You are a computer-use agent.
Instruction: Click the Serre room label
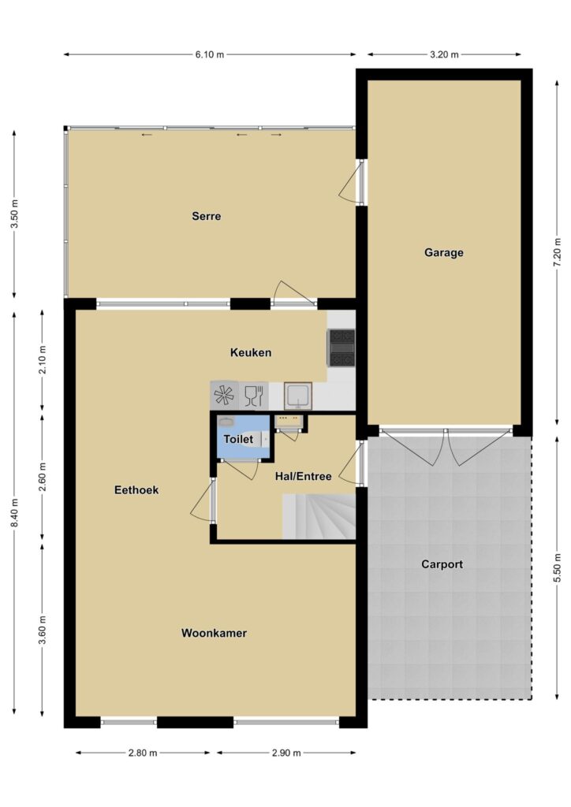tap(207, 216)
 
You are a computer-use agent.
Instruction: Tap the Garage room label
tap(444, 253)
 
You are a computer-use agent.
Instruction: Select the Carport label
tap(442, 564)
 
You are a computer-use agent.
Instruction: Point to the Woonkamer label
tap(214, 633)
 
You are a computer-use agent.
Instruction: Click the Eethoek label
tap(136, 490)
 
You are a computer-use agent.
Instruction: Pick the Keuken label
tap(251, 352)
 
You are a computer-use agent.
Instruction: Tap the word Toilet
tap(238, 439)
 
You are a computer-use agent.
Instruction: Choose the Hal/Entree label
tap(304, 476)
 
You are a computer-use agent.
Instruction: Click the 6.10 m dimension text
tap(210, 54)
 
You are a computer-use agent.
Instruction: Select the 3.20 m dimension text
tap(444, 54)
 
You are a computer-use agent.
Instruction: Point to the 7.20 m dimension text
tap(557, 252)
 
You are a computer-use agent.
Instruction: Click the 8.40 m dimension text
tap(14, 512)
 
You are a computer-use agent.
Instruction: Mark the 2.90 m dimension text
tap(286, 753)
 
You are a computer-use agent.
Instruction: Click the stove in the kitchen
tap(341, 348)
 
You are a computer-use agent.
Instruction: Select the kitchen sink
tap(298, 396)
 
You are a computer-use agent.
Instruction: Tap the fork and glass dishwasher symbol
tap(254, 396)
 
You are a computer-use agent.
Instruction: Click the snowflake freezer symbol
tap(225, 396)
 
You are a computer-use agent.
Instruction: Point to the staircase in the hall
tap(319, 516)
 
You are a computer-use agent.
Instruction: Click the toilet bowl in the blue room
tap(256, 439)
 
